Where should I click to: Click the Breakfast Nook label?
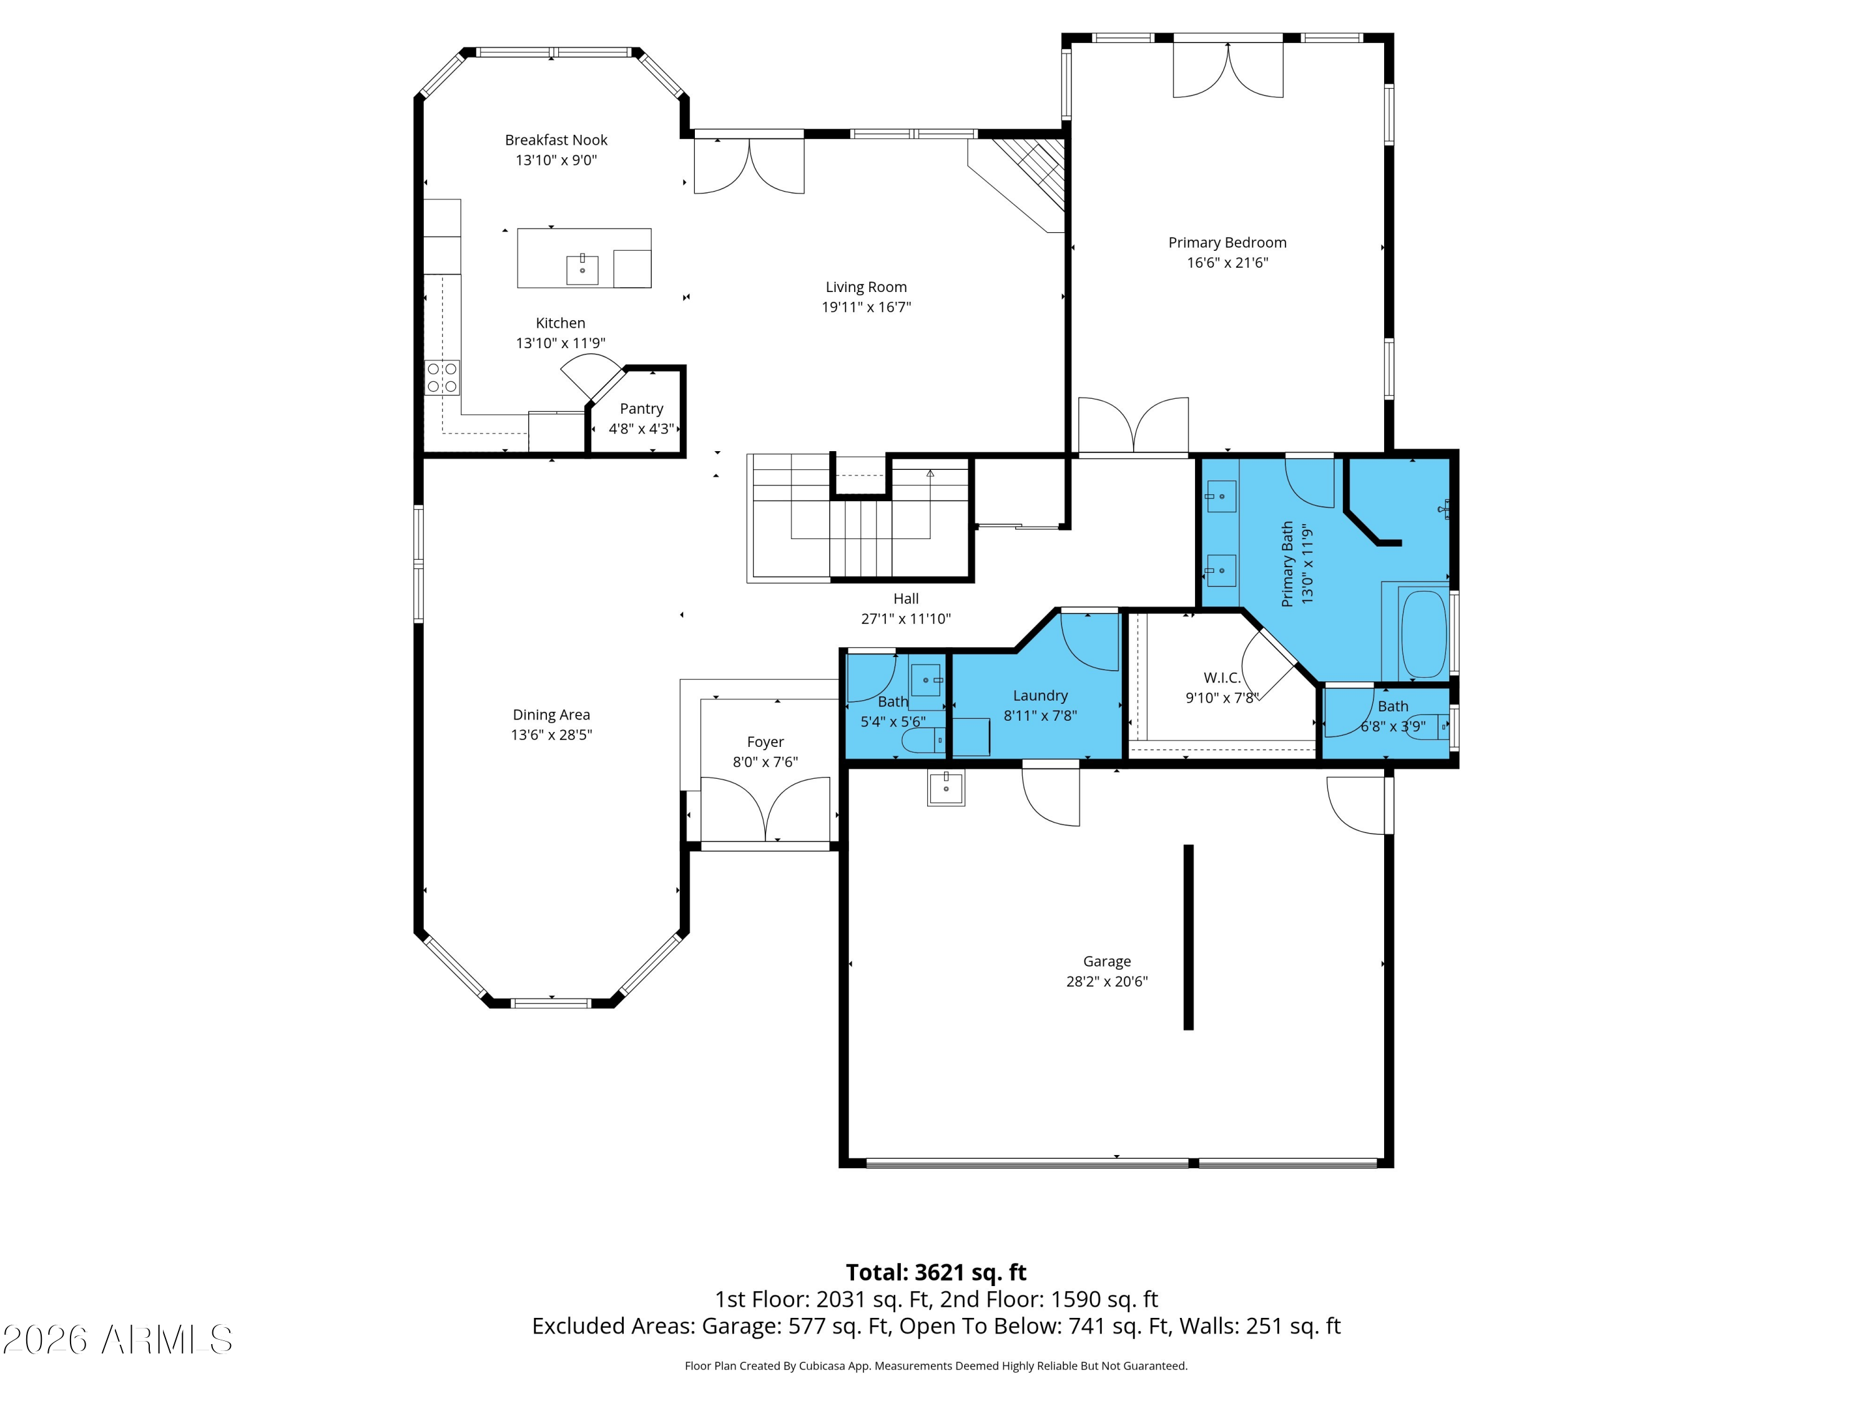[x=556, y=140]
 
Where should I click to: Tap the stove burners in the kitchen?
[x=442, y=378]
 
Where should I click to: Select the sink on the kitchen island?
[x=583, y=269]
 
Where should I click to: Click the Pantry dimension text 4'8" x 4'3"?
[x=641, y=429]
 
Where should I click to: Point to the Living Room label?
[x=866, y=287]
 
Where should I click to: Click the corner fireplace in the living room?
[x=1020, y=181]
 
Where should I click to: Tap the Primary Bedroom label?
[x=1227, y=242]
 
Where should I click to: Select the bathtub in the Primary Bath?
[x=1423, y=633]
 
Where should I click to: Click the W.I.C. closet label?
[x=1222, y=678]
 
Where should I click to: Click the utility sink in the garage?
[x=946, y=788]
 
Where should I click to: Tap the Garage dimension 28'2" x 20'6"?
[x=1107, y=982]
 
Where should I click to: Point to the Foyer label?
[x=765, y=742]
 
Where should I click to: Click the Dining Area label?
[x=551, y=715]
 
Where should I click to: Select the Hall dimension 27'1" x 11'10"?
[x=906, y=618]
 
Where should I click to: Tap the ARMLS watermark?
[x=118, y=1340]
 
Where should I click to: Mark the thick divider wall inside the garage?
[x=1188, y=938]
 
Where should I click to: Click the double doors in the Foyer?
[x=765, y=808]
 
